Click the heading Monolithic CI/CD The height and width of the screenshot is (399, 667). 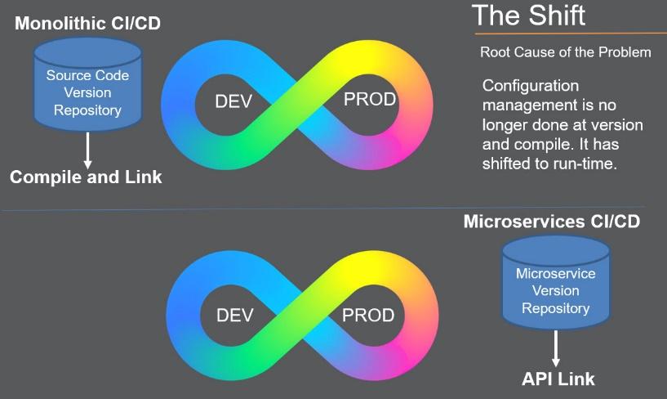click(x=87, y=23)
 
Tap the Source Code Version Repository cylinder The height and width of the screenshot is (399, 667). click(x=87, y=84)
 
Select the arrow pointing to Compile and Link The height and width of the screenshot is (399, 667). click(x=87, y=150)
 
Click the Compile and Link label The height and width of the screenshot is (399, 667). click(x=86, y=177)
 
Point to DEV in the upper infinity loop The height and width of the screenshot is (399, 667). click(x=233, y=101)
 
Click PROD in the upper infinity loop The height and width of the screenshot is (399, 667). click(x=370, y=99)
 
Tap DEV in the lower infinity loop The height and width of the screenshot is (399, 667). click(x=235, y=315)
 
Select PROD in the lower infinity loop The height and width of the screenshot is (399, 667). click(x=368, y=315)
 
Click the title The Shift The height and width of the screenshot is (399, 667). click(x=529, y=16)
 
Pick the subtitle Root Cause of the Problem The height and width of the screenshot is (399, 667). click(x=565, y=52)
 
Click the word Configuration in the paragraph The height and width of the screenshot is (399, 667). click(x=531, y=86)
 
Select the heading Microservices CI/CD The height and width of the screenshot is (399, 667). click(x=552, y=222)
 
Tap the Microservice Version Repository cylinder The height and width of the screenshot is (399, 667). click(x=555, y=283)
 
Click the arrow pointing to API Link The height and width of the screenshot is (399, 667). click(x=555, y=348)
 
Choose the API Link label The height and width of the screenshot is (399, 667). click(x=558, y=379)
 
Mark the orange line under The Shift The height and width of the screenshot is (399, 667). click(x=571, y=33)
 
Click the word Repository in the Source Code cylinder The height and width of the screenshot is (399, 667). click(x=87, y=110)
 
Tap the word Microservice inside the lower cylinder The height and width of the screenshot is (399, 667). click(x=555, y=273)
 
